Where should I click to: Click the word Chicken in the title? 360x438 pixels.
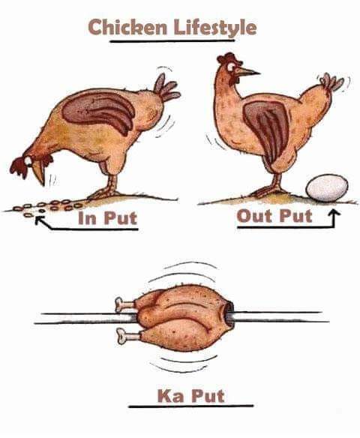pos(127,27)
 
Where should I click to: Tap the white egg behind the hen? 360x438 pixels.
pos(327,187)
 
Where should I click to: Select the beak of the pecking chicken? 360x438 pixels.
pos(39,173)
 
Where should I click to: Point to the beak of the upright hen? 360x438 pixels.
pos(247,71)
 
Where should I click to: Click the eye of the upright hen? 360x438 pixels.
pos(231,67)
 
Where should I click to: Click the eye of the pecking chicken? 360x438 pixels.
pos(28,160)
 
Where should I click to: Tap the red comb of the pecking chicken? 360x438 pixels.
pos(19,167)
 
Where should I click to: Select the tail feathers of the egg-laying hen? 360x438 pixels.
pos(331,82)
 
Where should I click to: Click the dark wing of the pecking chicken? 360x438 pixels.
pos(99,110)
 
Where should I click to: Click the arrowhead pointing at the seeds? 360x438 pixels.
pos(39,220)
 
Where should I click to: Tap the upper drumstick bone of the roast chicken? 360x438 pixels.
pos(124,304)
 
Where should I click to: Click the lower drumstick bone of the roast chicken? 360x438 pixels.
pos(127,335)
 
